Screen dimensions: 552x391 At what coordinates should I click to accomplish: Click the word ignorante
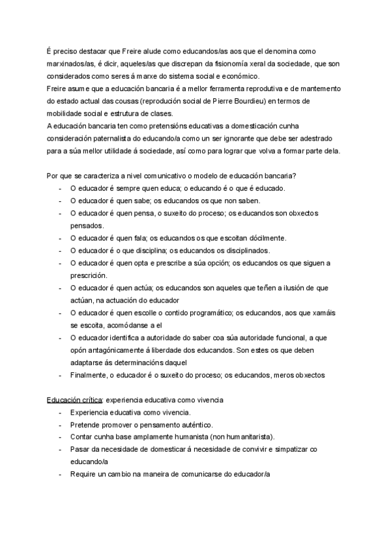click(x=248, y=139)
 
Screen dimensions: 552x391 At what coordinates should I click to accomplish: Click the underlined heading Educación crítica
click(x=74, y=400)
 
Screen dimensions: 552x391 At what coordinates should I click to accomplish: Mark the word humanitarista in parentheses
click(x=240, y=437)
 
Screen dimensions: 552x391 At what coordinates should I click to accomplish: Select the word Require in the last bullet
click(x=83, y=474)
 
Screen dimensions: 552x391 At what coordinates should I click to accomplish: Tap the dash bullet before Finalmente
click(x=60, y=375)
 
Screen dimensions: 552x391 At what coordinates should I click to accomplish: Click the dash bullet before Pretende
click(x=60, y=424)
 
